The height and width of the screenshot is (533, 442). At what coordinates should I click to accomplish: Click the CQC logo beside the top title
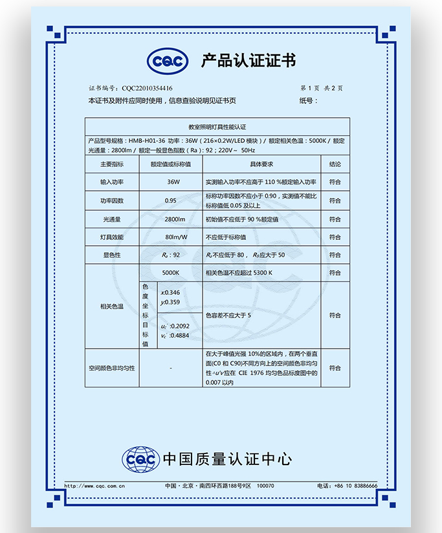pyautogui.click(x=167, y=61)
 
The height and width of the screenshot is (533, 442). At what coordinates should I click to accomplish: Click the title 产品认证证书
pyautogui.click(x=248, y=61)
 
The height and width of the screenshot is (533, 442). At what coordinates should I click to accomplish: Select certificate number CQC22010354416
pyautogui.click(x=147, y=88)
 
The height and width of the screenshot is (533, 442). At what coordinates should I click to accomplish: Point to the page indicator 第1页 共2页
pyautogui.click(x=321, y=88)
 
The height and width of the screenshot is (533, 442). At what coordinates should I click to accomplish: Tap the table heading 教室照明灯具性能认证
pyautogui.click(x=217, y=127)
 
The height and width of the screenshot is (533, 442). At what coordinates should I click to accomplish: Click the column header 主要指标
pyautogui.click(x=111, y=164)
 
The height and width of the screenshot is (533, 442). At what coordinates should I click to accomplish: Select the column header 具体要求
pyautogui.click(x=261, y=164)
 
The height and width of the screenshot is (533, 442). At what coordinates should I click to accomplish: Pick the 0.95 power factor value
pyautogui.click(x=171, y=201)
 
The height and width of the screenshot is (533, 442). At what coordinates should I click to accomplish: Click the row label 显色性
pyautogui.click(x=111, y=256)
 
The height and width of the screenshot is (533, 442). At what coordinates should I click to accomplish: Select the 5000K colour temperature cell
pyautogui.click(x=171, y=273)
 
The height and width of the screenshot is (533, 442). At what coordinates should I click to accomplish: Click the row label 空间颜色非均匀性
pyautogui.click(x=111, y=368)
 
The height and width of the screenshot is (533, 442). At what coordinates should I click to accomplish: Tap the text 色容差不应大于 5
pyautogui.click(x=228, y=316)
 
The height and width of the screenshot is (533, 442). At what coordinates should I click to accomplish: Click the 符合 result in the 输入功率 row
pyautogui.click(x=335, y=182)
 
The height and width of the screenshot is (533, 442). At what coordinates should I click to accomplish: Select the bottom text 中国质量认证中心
pyautogui.click(x=227, y=460)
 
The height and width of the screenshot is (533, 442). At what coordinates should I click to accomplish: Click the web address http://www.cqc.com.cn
pyautogui.click(x=95, y=485)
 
